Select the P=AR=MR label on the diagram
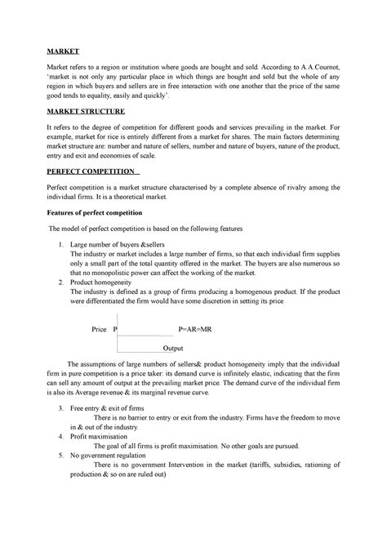click(x=196, y=330)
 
